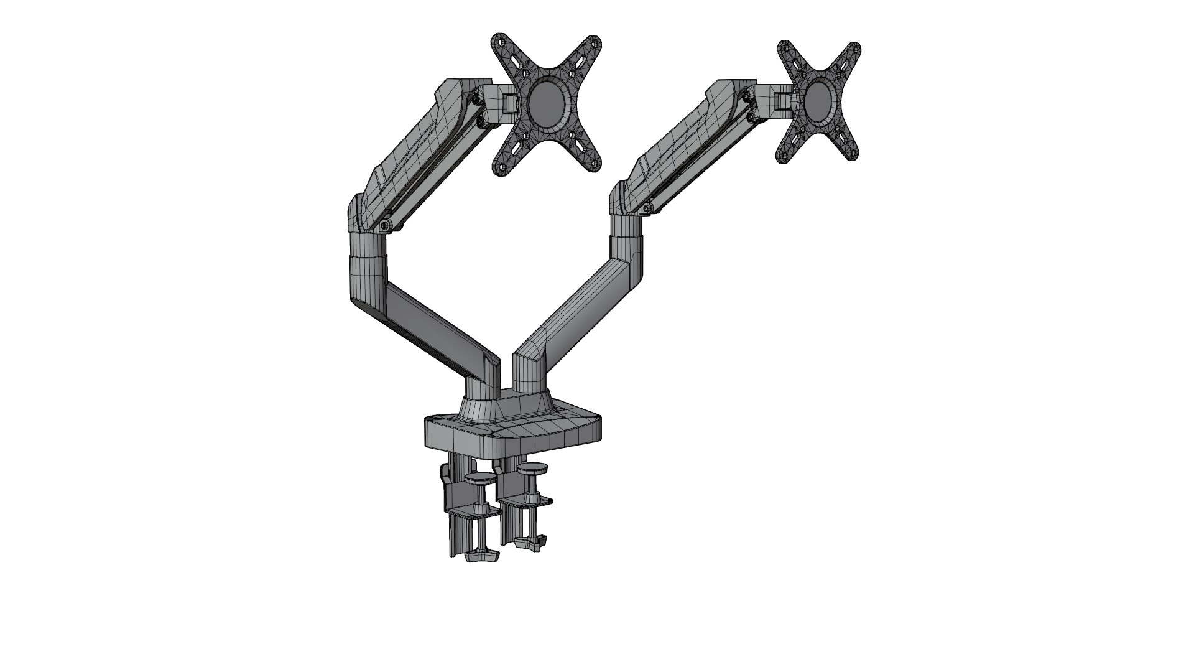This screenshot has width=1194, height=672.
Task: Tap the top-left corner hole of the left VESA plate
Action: [x=498, y=41]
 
